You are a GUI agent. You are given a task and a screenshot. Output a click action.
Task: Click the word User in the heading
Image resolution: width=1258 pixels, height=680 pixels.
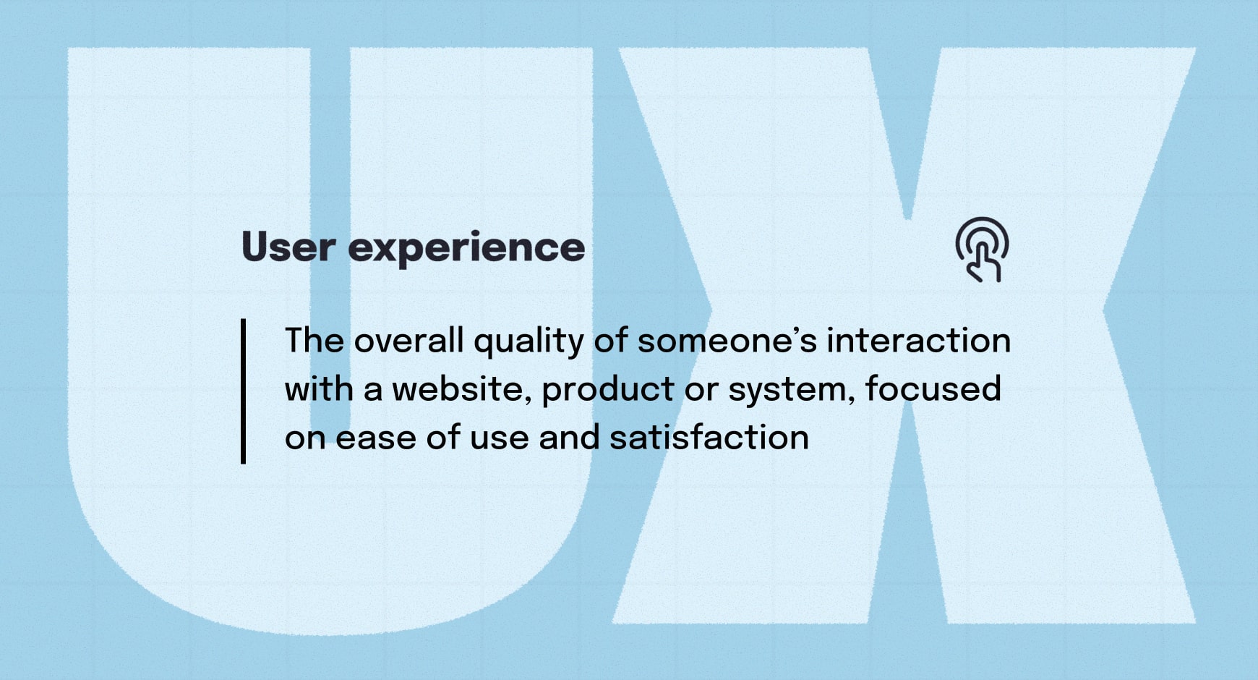coord(288,247)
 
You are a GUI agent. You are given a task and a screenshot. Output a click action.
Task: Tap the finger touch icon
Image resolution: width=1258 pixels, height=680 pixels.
coord(982,250)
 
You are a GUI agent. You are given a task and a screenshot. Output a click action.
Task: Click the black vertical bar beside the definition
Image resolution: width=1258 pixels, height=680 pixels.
coord(244,391)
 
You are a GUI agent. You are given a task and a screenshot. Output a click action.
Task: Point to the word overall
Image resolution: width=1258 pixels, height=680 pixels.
coord(408,341)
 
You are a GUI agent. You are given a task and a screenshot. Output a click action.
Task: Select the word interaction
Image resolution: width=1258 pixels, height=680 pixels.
coord(918,341)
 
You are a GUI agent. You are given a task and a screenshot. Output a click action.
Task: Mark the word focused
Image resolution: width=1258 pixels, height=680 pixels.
coord(933,389)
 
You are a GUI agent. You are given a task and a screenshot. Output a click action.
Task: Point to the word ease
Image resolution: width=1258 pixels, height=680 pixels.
coord(376,438)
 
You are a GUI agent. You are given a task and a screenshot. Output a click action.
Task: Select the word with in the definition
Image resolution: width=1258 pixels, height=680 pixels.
coord(318,389)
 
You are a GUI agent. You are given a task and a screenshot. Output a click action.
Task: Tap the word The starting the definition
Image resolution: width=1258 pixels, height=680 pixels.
coord(314,341)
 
